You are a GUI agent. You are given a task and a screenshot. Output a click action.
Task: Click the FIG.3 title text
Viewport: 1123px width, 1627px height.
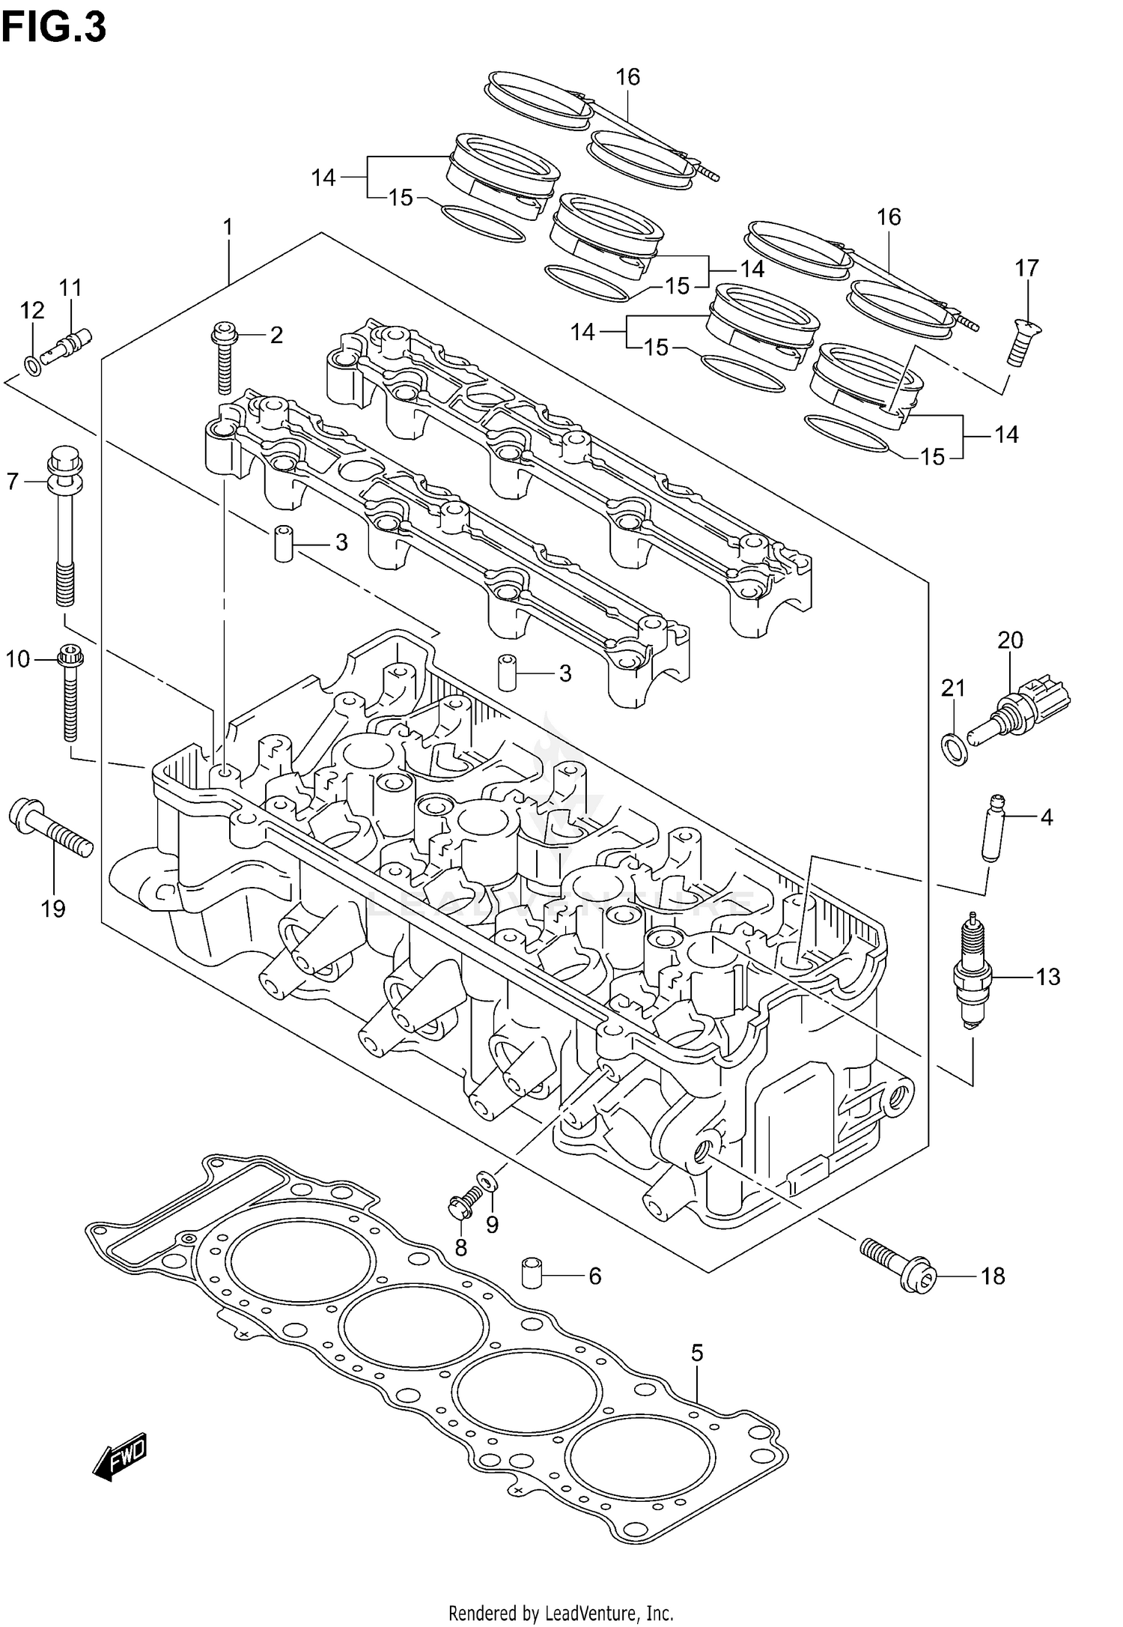[54, 28]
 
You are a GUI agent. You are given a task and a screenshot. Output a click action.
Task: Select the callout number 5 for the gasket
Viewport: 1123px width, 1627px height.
[697, 1352]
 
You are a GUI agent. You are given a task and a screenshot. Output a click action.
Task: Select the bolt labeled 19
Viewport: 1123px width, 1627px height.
[49, 831]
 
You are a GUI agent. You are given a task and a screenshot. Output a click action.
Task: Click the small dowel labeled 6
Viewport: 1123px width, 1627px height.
[531, 1274]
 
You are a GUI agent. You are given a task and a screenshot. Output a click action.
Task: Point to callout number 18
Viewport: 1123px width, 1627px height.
[993, 1276]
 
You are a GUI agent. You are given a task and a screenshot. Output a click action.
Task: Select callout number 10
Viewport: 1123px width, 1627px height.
[18, 659]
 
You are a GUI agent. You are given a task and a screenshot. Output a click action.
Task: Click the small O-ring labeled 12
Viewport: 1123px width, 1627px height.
[31, 366]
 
